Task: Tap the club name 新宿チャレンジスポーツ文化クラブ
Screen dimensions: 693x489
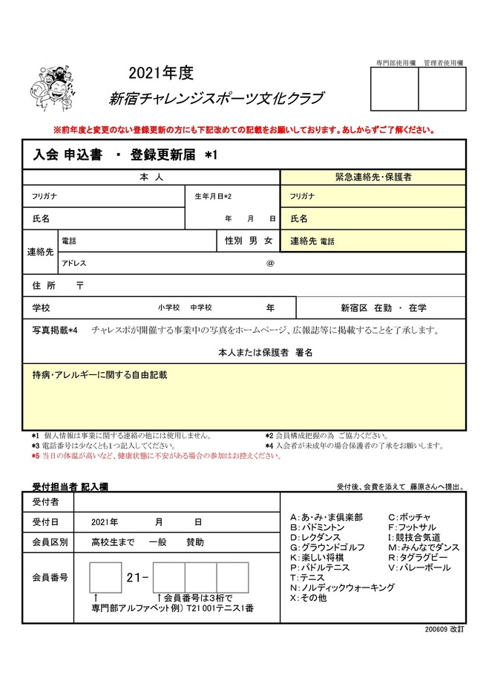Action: pos(215,99)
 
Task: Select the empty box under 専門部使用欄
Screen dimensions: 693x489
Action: pos(394,89)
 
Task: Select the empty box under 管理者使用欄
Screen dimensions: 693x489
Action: pos(442,89)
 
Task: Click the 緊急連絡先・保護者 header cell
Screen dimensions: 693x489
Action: pos(373,178)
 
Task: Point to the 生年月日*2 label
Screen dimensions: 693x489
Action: pos(214,196)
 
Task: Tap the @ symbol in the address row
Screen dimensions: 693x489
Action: pos(270,263)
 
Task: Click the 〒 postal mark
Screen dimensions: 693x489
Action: pos(80,285)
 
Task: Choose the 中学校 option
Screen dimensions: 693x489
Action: pos(200,308)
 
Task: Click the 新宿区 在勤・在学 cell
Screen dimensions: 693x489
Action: pos(383,308)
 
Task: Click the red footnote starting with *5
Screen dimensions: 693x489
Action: pos(156,456)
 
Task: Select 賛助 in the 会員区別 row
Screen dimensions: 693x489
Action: pos(195,542)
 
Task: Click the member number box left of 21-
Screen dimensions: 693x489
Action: pos(105,577)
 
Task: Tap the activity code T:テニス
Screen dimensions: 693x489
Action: pos(307,577)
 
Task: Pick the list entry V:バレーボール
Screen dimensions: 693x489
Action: pos(419,567)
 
